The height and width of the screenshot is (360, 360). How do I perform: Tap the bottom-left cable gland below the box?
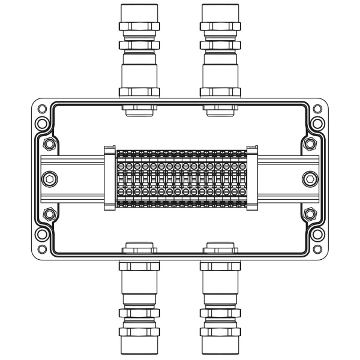140,303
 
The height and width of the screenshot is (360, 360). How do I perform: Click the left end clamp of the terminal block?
109,179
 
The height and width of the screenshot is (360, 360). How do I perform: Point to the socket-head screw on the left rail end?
50,179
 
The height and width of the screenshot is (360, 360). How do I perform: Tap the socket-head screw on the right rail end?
310,179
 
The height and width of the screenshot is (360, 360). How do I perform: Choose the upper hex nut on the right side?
310,144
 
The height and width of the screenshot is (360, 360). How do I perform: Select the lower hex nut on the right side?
310,213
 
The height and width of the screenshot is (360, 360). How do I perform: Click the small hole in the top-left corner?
41,109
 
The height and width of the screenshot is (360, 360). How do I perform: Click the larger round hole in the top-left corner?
41,124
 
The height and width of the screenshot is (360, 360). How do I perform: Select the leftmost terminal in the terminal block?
121,179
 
